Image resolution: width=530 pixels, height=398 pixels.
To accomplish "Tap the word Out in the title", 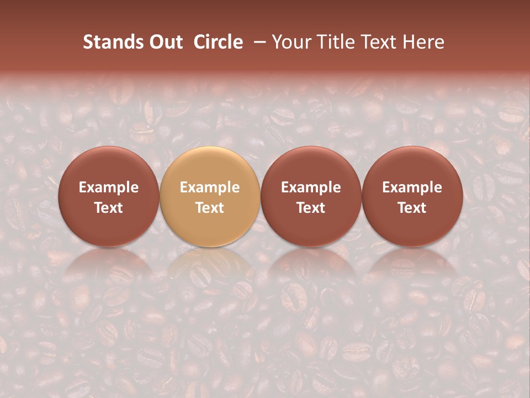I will (165, 42).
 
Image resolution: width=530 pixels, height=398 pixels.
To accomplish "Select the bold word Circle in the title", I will (218, 42).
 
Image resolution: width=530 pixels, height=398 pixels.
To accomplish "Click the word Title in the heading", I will (337, 42).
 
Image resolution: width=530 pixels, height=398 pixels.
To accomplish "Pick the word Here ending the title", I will (423, 42).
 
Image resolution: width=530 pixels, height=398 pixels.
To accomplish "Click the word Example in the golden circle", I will (210, 187).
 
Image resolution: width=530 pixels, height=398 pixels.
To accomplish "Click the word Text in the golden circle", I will (210, 208).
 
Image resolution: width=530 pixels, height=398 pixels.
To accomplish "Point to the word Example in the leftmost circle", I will (108, 187).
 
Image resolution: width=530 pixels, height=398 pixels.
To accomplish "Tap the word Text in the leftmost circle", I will (108, 208).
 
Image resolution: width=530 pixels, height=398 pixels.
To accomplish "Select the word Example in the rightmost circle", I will (412, 187).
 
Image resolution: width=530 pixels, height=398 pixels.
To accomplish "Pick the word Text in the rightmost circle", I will (412, 208).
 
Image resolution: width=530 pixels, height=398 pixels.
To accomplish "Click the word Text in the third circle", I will (311, 208).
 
